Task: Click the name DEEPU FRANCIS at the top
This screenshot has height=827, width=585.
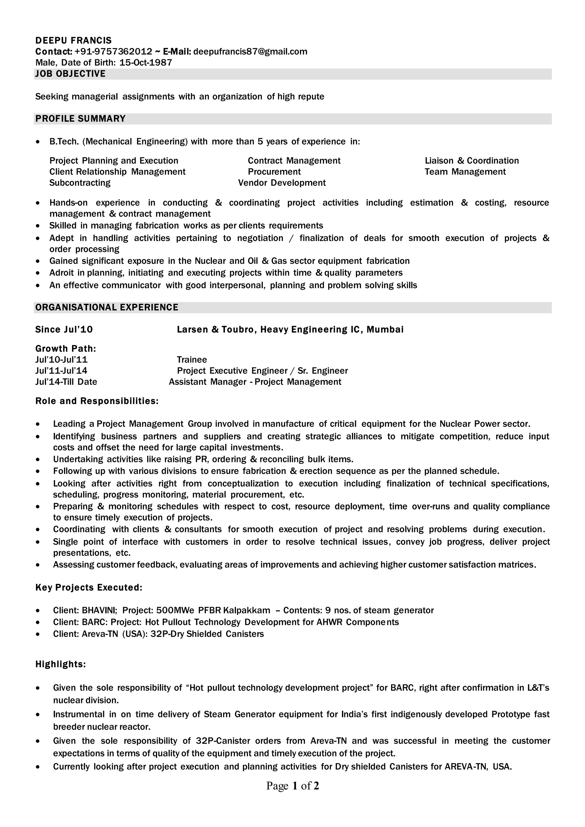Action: pos(73,40)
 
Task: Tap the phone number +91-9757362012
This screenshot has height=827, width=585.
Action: pos(113,51)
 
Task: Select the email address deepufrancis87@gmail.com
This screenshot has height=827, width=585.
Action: pos(250,51)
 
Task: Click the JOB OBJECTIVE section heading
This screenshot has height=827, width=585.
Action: pos(71,74)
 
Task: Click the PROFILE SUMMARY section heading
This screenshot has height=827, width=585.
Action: pos(80,119)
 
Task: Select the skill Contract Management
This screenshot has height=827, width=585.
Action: pos(294,161)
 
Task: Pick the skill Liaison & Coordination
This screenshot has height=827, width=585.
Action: pos(472,161)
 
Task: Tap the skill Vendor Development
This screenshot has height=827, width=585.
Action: pos(282,183)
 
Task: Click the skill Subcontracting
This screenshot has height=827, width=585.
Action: pos(80,183)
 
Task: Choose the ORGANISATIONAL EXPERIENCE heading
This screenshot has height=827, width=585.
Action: pos(107,308)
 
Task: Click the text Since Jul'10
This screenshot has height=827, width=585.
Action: pos(64,330)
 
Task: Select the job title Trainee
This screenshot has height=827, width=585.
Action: pos(192,360)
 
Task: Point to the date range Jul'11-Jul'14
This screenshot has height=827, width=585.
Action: pos(61,371)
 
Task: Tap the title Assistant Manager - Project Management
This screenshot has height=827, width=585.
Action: pos(255,382)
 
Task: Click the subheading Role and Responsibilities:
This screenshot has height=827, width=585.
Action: pos(97,401)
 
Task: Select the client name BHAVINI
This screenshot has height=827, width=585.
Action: pos(99,611)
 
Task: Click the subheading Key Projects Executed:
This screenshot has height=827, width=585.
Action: pos(89,588)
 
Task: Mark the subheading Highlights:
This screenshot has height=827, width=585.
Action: pos(61,664)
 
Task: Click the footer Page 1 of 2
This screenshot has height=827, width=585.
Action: pos(292,786)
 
